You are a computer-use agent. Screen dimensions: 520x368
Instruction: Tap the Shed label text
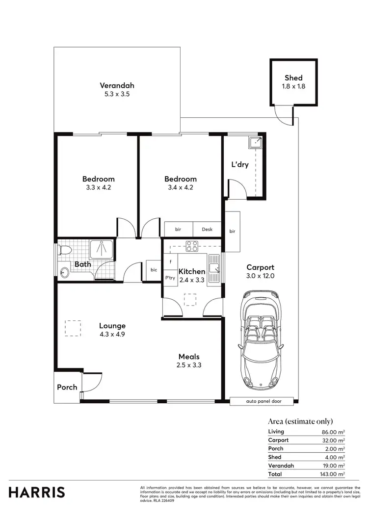(293, 78)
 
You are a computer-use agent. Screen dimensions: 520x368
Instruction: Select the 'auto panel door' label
(263, 401)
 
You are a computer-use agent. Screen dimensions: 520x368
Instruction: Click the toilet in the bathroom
(64, 250)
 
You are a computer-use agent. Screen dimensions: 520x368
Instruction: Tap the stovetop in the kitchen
(191, 246)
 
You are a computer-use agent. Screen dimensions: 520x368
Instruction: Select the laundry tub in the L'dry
(255, 143)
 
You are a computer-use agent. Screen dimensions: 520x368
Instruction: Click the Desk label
(207, 229)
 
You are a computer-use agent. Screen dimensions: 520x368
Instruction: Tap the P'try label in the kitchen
(170, 278)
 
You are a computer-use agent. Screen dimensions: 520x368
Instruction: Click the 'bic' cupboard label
(154, 270)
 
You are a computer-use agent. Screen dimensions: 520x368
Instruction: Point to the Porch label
(67, 387)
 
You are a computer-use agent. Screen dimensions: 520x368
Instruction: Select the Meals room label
(189, 357)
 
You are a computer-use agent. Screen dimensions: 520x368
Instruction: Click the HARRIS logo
(36, 492)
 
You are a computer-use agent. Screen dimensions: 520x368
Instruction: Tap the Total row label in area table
(275, 474)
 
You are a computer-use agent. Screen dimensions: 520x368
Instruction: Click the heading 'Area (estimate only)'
(300, 421)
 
